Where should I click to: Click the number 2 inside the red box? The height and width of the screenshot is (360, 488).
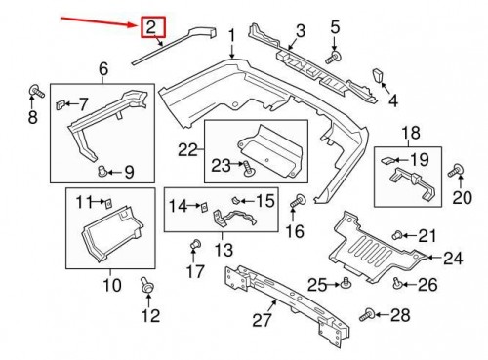151,28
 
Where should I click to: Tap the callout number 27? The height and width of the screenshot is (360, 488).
259,318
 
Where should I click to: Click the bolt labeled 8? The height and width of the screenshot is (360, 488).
37,93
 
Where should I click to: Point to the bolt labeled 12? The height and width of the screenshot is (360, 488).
146,286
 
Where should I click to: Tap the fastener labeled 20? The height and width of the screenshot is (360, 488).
455,172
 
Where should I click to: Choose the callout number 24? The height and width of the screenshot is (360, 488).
452,259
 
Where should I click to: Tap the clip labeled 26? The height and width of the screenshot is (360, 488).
397,283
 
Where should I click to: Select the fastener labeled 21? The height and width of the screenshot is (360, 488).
398,235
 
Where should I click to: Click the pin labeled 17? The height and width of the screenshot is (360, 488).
194,243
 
